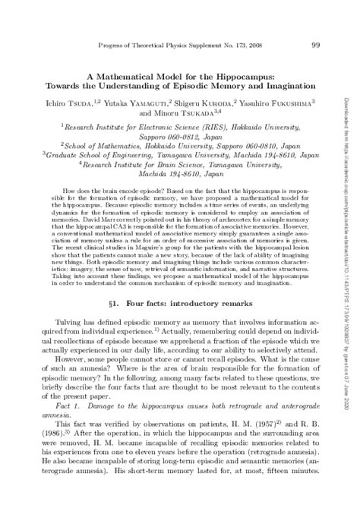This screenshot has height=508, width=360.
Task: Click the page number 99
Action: pos(316,46)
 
